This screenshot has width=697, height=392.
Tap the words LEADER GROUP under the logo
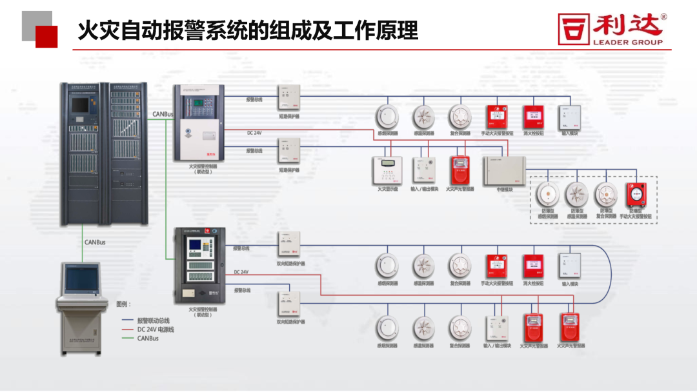click(627, 43)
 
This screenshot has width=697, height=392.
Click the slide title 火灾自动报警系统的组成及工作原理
click(248, 30)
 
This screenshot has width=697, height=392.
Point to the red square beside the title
click(46, 37)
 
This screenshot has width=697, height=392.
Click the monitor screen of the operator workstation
click(82, 278)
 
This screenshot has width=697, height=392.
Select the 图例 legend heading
click(123, 304)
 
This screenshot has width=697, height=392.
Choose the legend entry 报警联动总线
click(153, 321)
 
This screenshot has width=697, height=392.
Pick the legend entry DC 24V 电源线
click(156, 329)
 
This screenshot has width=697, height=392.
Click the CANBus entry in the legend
click(148, 338)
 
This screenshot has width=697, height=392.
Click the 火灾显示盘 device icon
click(388, 169)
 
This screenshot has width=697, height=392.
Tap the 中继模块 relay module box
click(505, 171)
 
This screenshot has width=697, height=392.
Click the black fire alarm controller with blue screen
click(200, 266)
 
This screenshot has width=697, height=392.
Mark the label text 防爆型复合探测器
click(605, 213)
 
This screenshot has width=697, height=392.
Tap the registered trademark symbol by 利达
click(664, 17)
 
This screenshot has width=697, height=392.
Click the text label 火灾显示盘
click(388, 189)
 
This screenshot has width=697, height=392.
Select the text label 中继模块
click(505, 190)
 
